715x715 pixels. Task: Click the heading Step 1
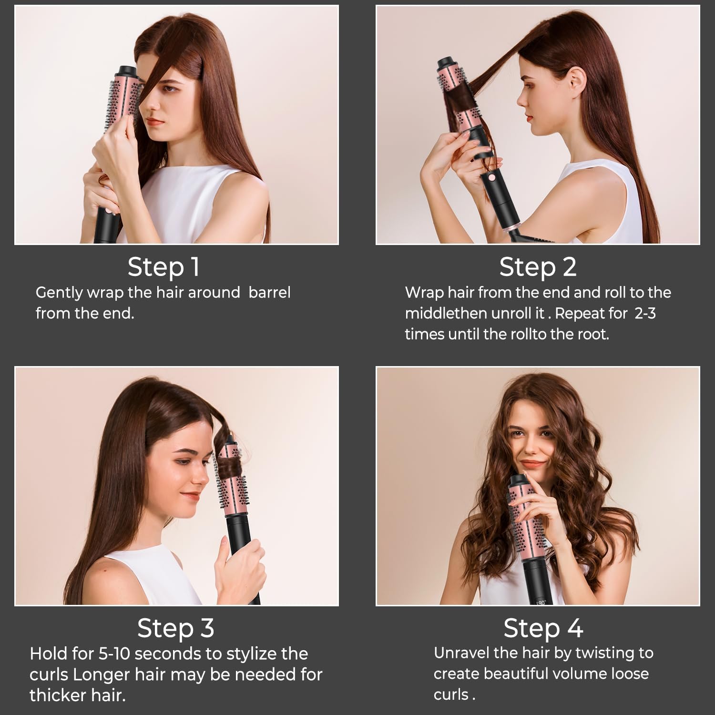[163, 267]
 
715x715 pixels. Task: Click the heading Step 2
[538, 267]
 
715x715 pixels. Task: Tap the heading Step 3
[175, 628]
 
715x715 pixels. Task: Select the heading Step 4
[543, 628]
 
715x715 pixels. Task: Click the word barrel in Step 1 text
[269, 292]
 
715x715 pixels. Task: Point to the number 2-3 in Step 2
[645, 313]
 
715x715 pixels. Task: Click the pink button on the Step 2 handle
[490, 179]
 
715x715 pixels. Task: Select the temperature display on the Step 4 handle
[540, 603]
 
